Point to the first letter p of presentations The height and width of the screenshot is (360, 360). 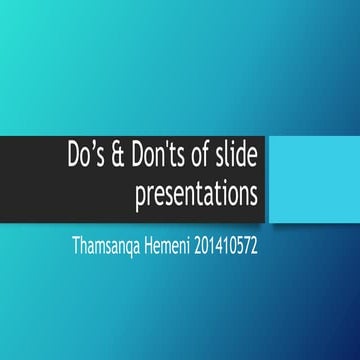click(139, 198)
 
